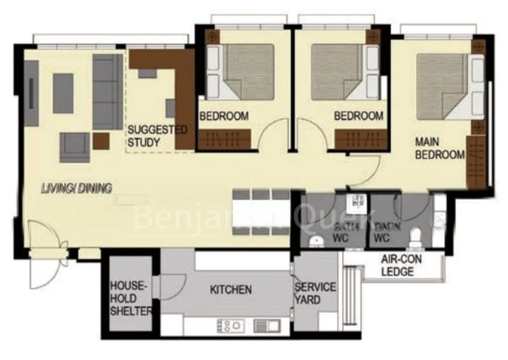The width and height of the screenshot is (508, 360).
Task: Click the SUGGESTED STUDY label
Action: [157, 136]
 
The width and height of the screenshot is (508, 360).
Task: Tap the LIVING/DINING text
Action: [76, 188]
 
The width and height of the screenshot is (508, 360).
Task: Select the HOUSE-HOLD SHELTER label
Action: [131, 298]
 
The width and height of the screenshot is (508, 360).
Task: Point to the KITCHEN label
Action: [231, 290]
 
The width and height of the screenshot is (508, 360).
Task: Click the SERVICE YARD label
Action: [315, 293]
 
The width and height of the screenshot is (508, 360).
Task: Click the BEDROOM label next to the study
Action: [224, 116]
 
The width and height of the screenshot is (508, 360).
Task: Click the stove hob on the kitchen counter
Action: [229, 325]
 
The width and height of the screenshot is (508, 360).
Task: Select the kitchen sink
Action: [266, 325]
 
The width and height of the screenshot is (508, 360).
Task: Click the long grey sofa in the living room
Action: [107, 91]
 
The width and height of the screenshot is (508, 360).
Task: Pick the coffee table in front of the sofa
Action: [63, 93]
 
